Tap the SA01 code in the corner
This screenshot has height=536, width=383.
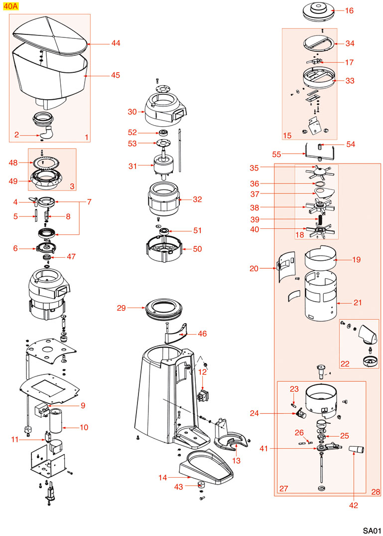(371, 530)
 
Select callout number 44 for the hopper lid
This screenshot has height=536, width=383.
(116, 43)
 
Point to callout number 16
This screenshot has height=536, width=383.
(350, 10)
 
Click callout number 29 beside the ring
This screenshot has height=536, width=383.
(122, 308)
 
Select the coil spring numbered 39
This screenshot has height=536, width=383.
(321, 220)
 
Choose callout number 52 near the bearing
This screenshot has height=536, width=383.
(132, 133)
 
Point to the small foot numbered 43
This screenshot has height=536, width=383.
(202, 486)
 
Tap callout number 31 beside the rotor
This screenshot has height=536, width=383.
(132, 166)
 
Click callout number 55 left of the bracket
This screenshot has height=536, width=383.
(277, 154)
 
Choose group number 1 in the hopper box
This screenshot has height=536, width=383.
(86, 136)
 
